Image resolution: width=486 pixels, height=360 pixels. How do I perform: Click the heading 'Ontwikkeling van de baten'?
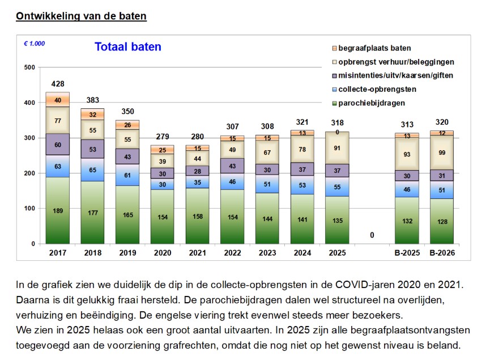[x=81, y=16]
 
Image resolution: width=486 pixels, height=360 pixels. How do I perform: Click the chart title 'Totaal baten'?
[x=127, y=47]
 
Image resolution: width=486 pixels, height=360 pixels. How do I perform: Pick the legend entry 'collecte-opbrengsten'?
[x=381, y=89]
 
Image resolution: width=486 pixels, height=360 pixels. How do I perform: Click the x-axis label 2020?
[x=163, y=253]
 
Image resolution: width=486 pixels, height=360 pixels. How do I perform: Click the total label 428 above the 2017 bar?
[x=58, y=84]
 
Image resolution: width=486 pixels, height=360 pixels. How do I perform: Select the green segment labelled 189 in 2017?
[x=58, y=210]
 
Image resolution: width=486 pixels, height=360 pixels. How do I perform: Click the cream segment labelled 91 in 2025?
[x=338, y=148]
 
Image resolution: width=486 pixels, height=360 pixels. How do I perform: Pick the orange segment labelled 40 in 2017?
[x=58, y=100]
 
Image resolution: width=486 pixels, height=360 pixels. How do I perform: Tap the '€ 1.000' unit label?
[x=35, y=43]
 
